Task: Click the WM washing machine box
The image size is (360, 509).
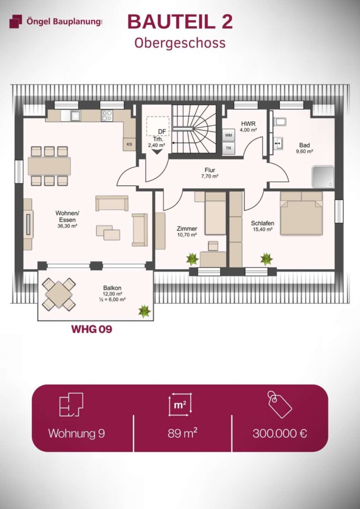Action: coord(229,135)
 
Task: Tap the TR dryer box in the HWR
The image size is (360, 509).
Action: coord(229,148)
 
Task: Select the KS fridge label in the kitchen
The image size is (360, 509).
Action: coord(129,144)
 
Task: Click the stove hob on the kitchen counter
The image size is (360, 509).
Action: coord(107,115)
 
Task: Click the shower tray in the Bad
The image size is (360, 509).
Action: coord(323,177)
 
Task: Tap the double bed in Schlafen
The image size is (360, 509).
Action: coord(302,213)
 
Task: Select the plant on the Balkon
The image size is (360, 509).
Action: coord(144,311)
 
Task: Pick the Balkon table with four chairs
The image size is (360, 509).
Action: coord(59,294)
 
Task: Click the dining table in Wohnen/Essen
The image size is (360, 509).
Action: coord(49,166)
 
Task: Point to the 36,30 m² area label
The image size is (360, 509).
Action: coord(67,227)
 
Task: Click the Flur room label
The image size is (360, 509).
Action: coord(210,170)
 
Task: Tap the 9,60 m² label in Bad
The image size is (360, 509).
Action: coord(304,151)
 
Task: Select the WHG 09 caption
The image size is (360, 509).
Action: coord(92,329)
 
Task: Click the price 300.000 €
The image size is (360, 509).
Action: coord(280,433)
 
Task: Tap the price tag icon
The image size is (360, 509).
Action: coord(280,404)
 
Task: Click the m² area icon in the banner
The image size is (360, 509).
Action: coord(179,404)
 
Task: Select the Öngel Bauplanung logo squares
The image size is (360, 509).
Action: coord(16,21)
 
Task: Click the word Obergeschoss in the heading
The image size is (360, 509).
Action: coord(180,43)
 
